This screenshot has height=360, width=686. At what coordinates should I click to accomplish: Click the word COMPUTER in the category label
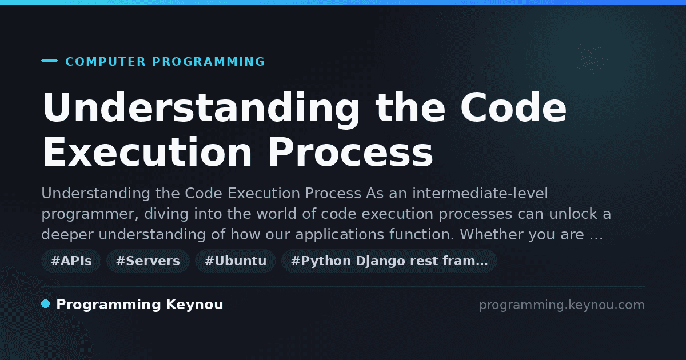(105, 62)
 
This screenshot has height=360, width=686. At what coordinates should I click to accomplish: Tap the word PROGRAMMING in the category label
(208, 62)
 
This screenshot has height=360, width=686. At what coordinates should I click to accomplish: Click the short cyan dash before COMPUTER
(49, 61)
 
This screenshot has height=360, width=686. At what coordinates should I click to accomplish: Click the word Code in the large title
(513, 107)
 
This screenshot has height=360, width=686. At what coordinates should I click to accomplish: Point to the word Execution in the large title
(147, 152)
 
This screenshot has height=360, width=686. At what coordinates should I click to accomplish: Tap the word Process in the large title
(350, 152)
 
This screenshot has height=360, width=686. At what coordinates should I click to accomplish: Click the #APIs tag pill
(71, 261)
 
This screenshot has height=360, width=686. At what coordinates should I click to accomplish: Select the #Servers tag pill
(148, 261)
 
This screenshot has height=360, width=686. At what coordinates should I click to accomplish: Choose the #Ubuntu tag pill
(236, 261)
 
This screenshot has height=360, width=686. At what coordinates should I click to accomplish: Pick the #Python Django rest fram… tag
(389, 261)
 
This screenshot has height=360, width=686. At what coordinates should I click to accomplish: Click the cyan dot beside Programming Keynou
(45, 304)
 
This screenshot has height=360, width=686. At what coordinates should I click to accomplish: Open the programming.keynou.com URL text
(562, 305)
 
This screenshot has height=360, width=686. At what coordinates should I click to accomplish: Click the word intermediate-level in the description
(480, 194)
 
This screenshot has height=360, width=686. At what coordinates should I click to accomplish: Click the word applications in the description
(340, 235)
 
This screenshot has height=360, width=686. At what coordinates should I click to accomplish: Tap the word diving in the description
(166, 214)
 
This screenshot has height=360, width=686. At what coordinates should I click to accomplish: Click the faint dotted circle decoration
(592, 58)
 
